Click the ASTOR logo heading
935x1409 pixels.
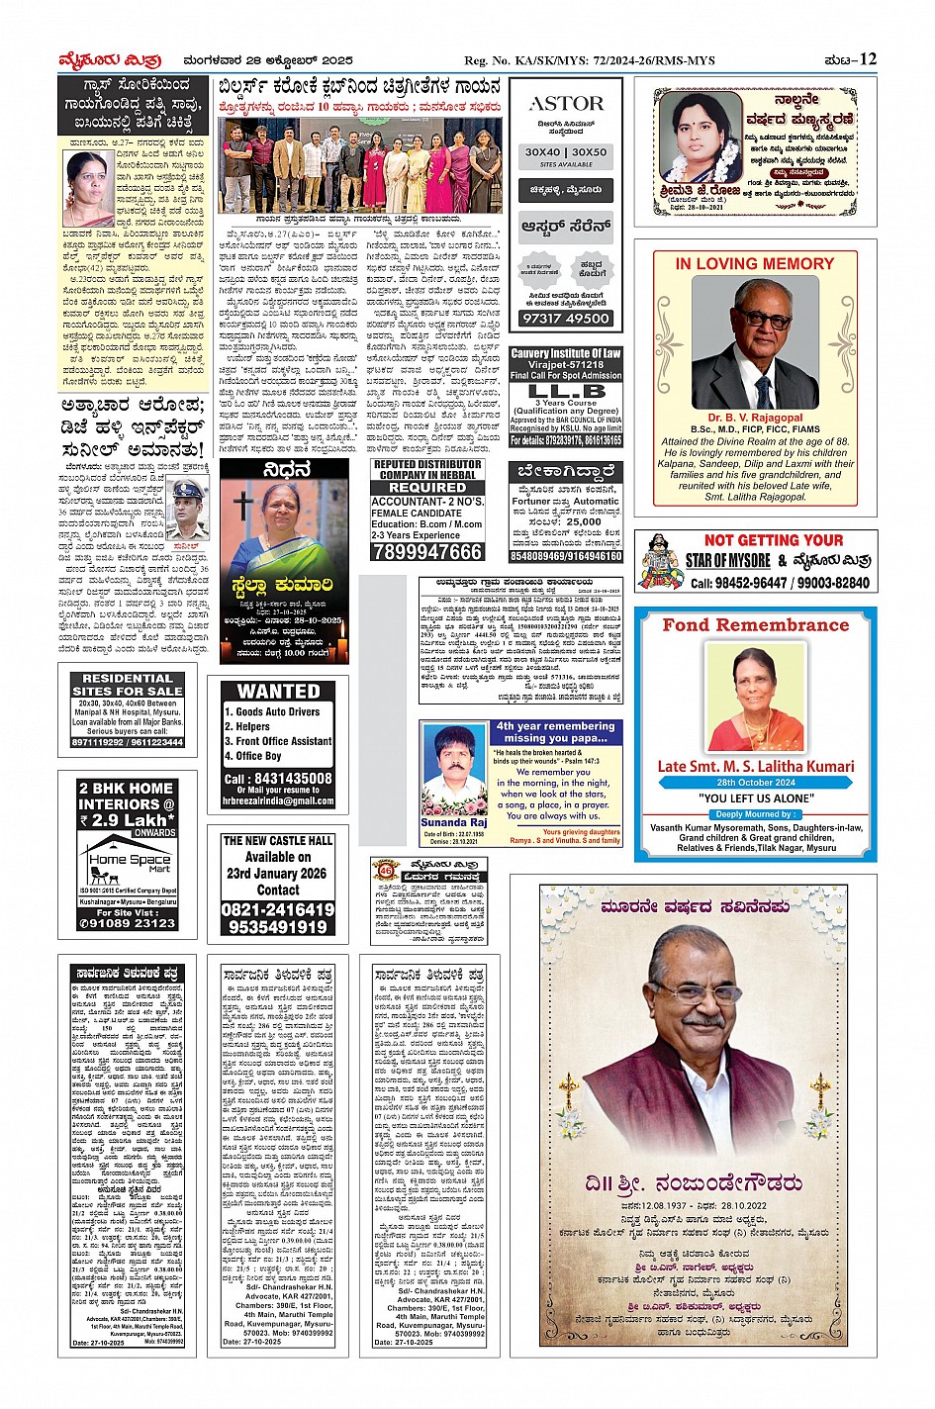click(565, 103)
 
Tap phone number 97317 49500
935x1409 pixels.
click(565, 318)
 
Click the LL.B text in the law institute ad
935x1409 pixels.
click(565, 391)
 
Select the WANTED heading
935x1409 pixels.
click(278, 691)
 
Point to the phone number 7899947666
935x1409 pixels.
click(426, 551)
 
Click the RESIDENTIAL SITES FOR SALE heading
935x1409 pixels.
click(128, 684)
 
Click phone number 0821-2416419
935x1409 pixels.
click(278, 909)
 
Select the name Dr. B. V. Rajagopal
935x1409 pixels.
click(755, 418)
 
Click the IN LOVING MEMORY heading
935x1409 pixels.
click(755, 264)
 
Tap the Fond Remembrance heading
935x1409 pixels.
click(755, 624)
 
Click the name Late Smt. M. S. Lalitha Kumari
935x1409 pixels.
click(755, 766)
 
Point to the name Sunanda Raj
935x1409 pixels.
click(453, 822)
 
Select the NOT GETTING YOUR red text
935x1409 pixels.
click(774, 540)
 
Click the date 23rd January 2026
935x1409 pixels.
click(278, 874)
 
